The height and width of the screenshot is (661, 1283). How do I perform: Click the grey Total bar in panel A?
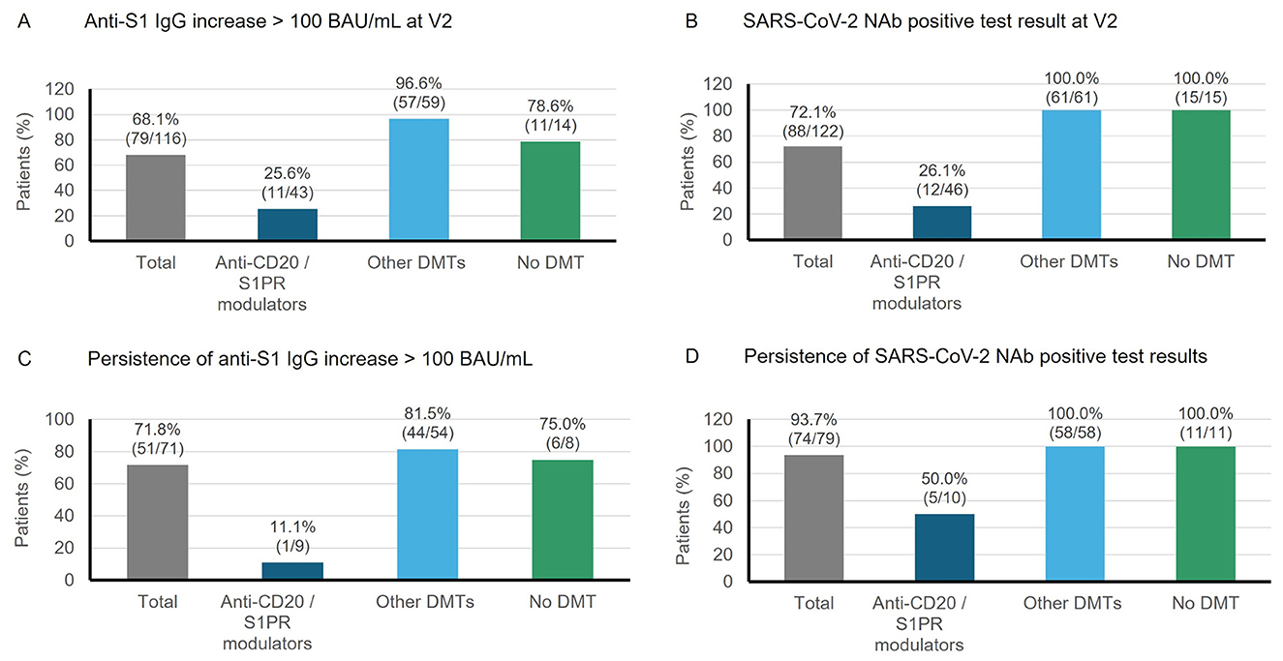pyautogui.click(x=156, y=197)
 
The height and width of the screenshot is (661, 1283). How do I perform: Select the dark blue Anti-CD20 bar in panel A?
pyautogui.click(x=287, y=225)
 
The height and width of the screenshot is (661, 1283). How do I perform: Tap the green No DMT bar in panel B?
pyautogui.click(x=1201, y=175)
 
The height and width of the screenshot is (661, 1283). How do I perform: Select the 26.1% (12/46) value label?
pyautogui.click(x=943, y=180)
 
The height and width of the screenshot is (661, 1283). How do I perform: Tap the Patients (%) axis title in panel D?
pyautogui.click(x=686, y=500)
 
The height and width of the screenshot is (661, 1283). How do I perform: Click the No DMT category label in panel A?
pyautogui.click(x=550, y=261)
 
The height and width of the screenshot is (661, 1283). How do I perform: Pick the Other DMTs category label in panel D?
pyautogui.click(x=1073, y=603)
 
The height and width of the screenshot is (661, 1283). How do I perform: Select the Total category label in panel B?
pyautogui.click(x=813, y=261)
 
